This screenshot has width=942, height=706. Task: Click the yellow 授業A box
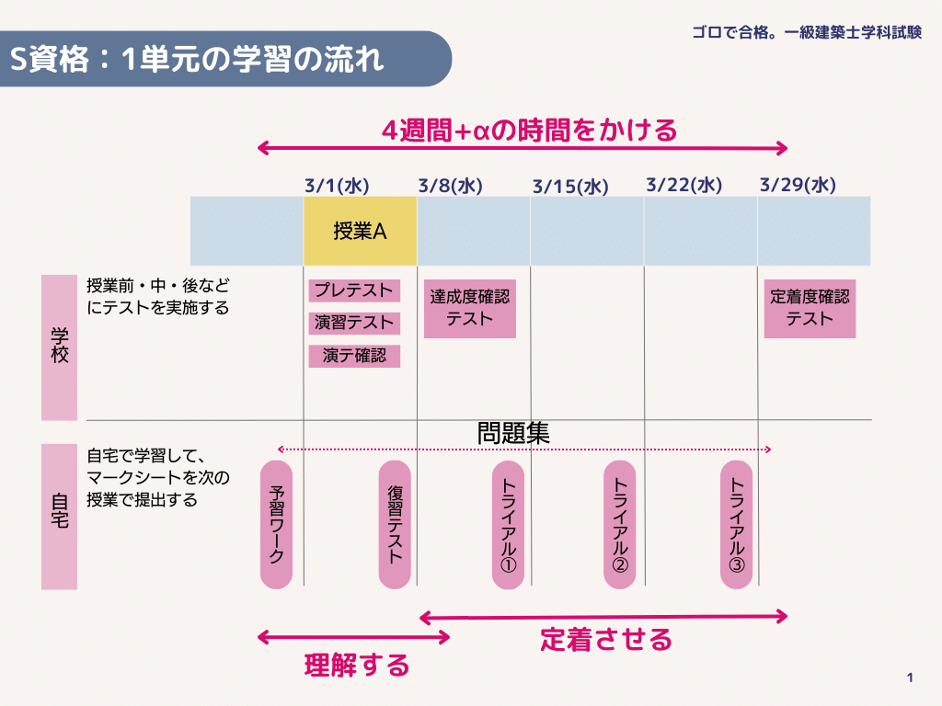[360, 231]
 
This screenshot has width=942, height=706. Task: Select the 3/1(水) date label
[337, 186]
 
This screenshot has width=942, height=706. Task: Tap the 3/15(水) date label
[570, 186]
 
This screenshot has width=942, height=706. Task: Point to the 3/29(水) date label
[798, 185]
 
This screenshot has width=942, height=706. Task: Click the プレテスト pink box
[354, 290]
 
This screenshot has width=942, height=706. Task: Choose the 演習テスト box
[354, 323]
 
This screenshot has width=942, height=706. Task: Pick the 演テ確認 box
[354, 356]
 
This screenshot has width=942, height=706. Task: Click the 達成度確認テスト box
[470, 309]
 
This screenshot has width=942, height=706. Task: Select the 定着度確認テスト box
[810, 309]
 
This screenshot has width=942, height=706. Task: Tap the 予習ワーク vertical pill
[276, 525]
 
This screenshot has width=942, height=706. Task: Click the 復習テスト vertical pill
[395, 525]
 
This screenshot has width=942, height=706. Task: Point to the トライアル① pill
[508, 525]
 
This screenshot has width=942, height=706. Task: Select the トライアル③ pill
[737, 525]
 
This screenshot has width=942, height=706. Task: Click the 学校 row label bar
[60, 347]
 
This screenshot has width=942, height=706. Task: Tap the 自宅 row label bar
[60, 517]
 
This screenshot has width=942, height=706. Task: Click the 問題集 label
[513, 433]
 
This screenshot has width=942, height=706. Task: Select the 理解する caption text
[357, 666]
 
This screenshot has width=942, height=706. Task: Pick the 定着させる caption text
[605, 640]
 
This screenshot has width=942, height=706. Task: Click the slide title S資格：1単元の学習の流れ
[197, 60]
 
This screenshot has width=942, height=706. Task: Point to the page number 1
[910, 678]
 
